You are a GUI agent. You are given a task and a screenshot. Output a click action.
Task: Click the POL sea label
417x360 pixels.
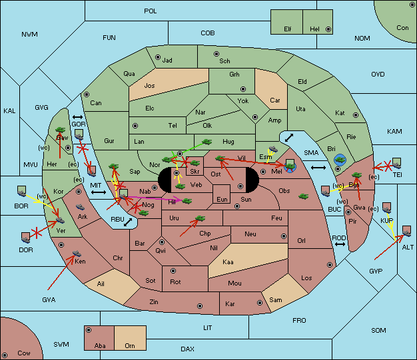coord(151,11)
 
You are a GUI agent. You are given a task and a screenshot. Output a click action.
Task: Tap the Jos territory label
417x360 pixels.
coord(150,86)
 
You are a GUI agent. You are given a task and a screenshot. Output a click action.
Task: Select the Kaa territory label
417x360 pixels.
coord(228,262)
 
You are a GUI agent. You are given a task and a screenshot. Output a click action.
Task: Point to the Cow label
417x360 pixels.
coord(24,353)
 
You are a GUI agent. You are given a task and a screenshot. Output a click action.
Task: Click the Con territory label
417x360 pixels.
coord(402,28)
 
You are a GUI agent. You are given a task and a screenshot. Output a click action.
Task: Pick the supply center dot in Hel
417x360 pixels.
coord(327,29)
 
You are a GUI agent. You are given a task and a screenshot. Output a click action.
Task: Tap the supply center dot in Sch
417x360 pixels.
coord(216,53)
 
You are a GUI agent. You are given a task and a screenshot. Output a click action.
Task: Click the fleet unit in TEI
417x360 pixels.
coord(396,162)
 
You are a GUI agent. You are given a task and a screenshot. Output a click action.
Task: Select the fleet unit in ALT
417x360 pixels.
coord(406,231)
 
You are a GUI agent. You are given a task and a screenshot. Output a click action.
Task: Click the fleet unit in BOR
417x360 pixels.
coord(22,192)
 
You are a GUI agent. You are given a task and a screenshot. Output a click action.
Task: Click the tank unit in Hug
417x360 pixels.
coord(207,142)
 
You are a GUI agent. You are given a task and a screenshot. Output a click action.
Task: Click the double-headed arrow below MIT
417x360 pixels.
coord(99,192)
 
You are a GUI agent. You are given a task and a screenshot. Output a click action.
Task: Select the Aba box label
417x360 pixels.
coord(100,345)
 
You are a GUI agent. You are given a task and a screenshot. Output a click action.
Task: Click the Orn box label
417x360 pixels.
coord(130,345)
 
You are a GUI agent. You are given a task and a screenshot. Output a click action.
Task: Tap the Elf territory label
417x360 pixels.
coord(288,29)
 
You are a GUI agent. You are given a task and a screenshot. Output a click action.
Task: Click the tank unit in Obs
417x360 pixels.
coord(304,196)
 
